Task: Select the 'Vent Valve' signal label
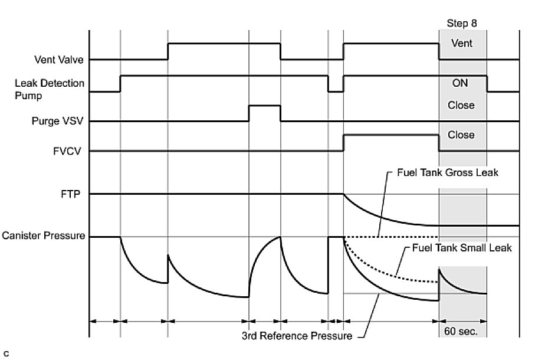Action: pos(58,60)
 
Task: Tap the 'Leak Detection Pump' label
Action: pos(50,89)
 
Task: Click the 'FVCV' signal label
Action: pos(70,151)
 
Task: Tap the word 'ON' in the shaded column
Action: pos(461,84)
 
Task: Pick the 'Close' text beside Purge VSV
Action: pos(461,105)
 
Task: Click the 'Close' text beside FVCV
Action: pos(461,135)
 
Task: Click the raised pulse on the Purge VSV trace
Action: pos(264,106)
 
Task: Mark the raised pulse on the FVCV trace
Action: pos(391,136)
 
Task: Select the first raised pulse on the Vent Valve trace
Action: pos(224,44)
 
